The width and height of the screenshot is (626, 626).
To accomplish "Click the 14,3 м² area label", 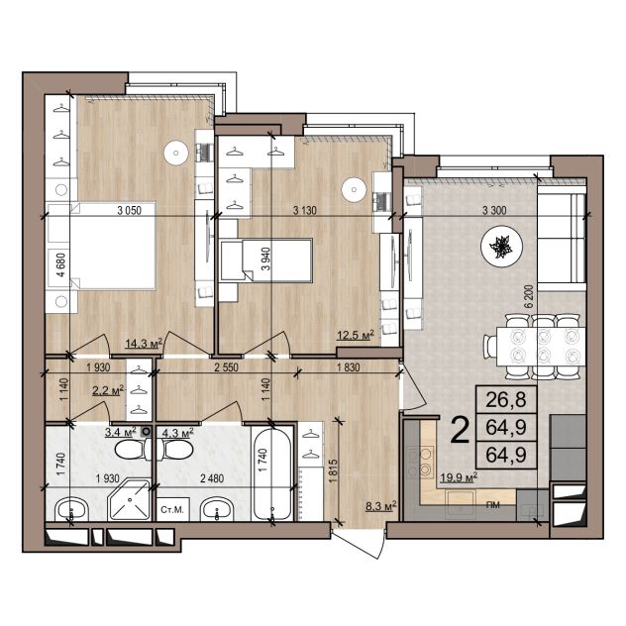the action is click(144, 343).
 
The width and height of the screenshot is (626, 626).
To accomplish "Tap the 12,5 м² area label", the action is click(356, 335).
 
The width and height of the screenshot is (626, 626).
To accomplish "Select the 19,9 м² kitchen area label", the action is click(459, 477).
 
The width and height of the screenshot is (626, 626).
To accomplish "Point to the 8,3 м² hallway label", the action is click(381, 506).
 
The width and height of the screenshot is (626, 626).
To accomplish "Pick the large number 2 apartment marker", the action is click(460, 430).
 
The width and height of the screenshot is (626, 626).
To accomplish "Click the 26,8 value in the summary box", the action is click(506, 399).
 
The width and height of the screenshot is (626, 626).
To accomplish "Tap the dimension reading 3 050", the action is click(130, 210).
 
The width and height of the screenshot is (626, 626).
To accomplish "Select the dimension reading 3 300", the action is click(494, 210).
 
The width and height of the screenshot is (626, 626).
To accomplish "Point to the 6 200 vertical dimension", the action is click(529, 296).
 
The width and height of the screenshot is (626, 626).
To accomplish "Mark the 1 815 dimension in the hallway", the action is click(334, 471).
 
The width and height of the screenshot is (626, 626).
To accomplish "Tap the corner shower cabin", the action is click(129, 499).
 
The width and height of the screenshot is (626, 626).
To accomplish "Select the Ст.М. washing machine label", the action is click(172, 510).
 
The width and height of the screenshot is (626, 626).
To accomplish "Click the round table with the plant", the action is click(502, 248).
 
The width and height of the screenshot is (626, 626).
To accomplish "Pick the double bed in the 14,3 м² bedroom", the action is click(102, 246).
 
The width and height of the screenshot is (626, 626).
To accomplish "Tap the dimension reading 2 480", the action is click(212, 477).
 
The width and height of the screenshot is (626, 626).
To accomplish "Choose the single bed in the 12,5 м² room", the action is click(266, 261).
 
